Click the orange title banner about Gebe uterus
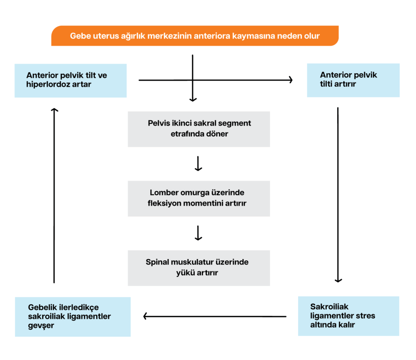point(195,36)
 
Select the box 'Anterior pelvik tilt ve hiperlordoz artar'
point(71,80)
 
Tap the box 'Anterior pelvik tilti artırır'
point(353,80)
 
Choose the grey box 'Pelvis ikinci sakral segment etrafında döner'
point(199,129)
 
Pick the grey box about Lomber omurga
point(199,198)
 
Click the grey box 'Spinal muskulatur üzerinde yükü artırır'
point(199,268)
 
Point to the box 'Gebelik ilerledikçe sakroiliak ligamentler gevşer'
point(73,317)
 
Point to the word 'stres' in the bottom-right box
point(366,316)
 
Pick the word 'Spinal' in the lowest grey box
point(157,262)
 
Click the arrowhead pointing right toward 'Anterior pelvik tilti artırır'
point(290,80)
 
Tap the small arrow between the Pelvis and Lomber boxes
point(198,164)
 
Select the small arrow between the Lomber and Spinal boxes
point(198,233)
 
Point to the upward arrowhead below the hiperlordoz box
point(55,110)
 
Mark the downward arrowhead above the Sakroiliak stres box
point(338,280)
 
